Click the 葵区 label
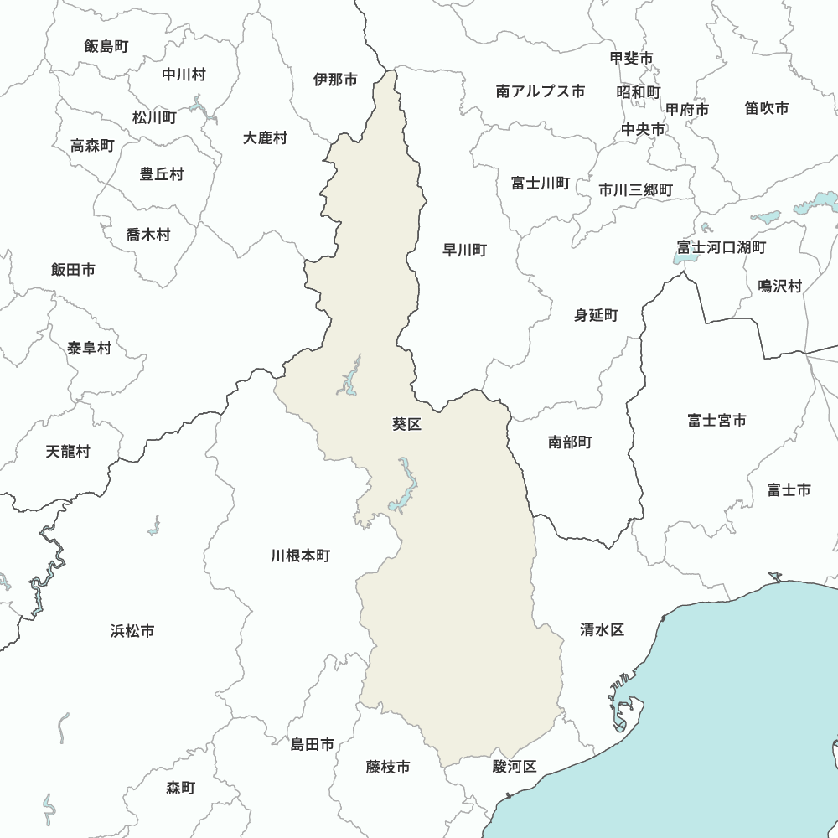pos(406,424)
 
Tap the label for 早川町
pos(464,250)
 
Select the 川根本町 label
pos(301,556)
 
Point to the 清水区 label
pos(602,630)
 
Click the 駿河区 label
pos(514,766)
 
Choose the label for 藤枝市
pos(388,767)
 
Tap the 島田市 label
pos(313,744)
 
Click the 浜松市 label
pos(132,631)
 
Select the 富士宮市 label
pos(716,421)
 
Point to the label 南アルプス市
pos(541,91)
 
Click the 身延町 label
pos(596,315)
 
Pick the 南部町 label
pos(570,442)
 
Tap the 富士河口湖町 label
pos(721,247)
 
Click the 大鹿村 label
pos(265,137)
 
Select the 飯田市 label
pos(73,270)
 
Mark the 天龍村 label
pos(68,452)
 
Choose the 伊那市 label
pos(335,80)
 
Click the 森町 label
pos(180,788)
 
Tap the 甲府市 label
pos(687,110)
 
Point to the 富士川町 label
pos(541,183)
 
